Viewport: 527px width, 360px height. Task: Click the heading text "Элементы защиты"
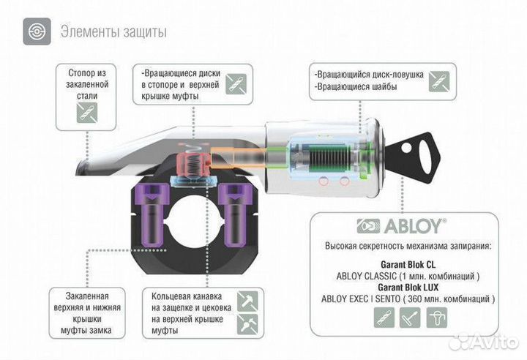(113, 32)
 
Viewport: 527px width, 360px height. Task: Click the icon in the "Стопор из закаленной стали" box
(86, 112)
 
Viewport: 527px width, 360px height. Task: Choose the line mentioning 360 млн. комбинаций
(408, 299)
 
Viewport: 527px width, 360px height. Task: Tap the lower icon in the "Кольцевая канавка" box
(247, 324)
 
